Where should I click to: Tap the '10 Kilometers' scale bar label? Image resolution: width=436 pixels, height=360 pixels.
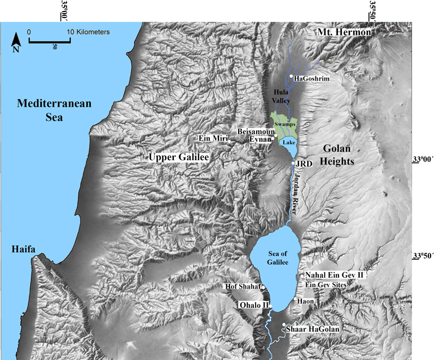tap(88, 32)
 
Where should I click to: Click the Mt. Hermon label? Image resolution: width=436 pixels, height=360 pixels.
tap(345, 33)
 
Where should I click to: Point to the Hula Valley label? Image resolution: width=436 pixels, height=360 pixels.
tap(282, 97)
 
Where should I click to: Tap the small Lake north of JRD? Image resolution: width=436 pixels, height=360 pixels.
tap(289, 142)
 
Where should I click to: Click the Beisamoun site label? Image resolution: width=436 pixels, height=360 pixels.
tap(254, 131)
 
